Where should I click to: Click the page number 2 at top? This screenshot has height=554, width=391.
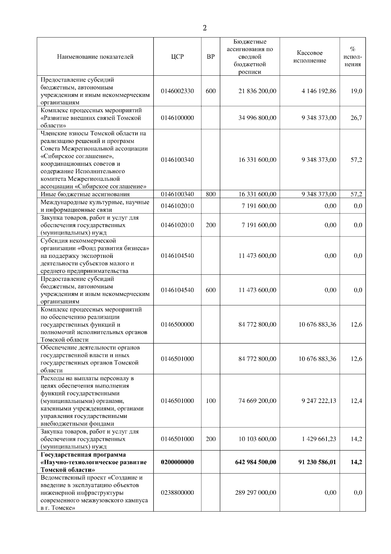[205, 28]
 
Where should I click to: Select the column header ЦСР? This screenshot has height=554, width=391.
[177, 57]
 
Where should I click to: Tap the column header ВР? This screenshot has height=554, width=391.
[211, 57]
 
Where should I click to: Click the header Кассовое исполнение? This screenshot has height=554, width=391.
[310, 57]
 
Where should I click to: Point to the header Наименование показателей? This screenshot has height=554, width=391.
[95, 57]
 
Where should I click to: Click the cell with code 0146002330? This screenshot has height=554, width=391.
[177, 91]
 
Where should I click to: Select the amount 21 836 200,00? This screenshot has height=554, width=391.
[257, 91]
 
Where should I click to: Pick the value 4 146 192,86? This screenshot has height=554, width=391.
[319, 91]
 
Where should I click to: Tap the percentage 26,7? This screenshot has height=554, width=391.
[356, 118]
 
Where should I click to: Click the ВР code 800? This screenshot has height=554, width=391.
[211, 194]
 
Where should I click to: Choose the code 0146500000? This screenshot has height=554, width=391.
[177, 325]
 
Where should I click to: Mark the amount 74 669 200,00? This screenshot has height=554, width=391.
[257, 401]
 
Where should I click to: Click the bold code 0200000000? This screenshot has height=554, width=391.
[177, 462]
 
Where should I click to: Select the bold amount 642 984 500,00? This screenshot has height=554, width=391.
[255, 462]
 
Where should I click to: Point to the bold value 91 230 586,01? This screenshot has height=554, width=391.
[317, 462]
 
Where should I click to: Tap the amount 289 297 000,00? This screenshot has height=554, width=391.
[255, 493]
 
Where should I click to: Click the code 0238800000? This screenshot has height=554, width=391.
[177, 493]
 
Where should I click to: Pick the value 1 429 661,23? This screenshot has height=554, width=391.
[319, 439]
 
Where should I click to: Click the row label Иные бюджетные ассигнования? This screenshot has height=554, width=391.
[85, 194]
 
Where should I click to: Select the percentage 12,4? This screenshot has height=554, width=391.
[356, 401]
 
